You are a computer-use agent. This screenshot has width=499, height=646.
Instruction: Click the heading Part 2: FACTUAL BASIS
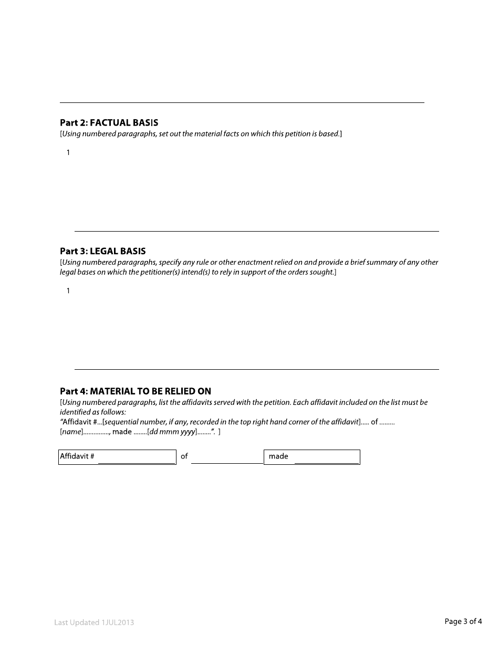[109, 123]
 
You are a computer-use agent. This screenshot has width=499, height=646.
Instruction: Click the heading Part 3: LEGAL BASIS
[102, 251]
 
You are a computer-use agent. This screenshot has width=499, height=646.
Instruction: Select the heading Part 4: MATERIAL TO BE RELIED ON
[136, 391]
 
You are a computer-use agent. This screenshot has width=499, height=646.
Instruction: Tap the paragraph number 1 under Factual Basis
[68, 153]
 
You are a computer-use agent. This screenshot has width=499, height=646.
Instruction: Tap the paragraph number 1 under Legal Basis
[68, 291]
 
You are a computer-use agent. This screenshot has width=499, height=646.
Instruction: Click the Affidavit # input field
[137, 457]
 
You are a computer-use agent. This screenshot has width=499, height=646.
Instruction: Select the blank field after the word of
[226, 457]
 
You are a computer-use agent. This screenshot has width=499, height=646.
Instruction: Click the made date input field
[326, 457]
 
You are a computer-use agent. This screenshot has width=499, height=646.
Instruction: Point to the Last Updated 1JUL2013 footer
[94, 622]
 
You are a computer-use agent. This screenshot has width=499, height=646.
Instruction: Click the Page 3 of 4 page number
[463, 622]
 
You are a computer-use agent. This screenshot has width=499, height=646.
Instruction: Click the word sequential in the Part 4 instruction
[122, 422]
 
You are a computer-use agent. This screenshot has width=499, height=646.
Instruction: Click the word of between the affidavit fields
[184, 456]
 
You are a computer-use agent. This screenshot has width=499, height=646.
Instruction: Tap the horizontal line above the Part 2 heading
[242, 102]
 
